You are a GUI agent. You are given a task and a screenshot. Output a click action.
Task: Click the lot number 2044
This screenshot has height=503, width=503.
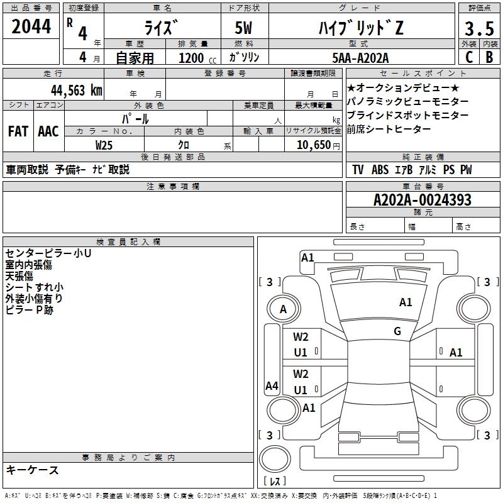coord(31,26)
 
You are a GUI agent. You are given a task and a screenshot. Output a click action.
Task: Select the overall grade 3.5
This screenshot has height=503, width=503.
coord(479,28)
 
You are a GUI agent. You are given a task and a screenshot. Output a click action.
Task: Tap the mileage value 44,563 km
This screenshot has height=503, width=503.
coord(77,91)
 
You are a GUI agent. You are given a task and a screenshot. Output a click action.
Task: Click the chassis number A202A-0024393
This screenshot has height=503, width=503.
coord(423,200)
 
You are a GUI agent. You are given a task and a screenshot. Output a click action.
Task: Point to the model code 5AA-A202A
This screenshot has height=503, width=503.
coord(360,58)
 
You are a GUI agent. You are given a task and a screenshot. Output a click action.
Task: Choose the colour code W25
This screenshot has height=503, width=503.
coord(104,145)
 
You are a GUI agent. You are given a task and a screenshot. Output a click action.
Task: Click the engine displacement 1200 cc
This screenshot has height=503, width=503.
coord(197,58)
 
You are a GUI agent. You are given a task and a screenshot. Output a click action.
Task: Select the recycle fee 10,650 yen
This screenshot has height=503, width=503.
coord(318,145)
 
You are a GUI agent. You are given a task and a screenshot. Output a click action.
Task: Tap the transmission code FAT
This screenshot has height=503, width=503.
coord(18,131)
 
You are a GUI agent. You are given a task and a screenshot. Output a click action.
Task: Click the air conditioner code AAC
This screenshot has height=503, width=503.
coord(48,131)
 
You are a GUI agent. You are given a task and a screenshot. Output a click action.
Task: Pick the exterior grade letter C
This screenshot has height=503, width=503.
coord(469,57)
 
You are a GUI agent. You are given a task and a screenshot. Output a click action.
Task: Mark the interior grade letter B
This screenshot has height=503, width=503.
coord(489,57)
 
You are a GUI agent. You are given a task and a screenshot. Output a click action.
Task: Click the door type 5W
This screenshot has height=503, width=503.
coord(243,28)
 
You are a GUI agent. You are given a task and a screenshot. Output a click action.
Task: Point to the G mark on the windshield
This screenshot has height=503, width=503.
coord(397,331)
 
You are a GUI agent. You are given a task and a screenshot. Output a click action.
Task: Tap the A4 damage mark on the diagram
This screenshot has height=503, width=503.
coord(272,385)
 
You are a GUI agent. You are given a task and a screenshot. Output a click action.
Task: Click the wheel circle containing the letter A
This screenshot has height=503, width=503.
coord(284,309)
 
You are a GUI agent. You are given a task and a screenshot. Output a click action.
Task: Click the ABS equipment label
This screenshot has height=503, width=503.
coord(380,170)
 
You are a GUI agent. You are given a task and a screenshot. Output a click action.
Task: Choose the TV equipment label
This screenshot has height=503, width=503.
coord(358,170)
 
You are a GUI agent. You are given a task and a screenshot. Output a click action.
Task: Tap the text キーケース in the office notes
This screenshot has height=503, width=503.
coord(32,470)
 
